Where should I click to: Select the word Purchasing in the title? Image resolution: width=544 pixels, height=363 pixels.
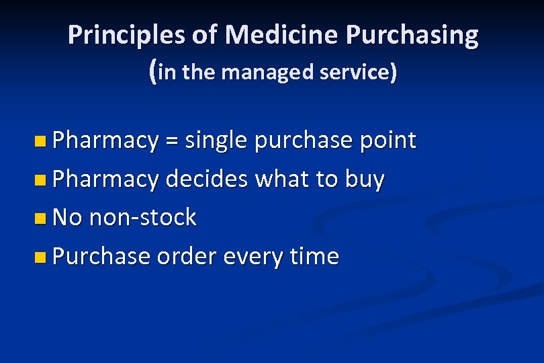click(x=412, y=35)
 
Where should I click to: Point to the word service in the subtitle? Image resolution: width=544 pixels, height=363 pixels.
click(x=357, y=72)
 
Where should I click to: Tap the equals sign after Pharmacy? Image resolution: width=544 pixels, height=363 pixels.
click(x=172, y=140)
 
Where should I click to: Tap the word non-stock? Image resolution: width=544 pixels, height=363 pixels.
click(x=142, y=218)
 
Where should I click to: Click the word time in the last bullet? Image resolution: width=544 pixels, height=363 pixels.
click(x=316, y=256)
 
